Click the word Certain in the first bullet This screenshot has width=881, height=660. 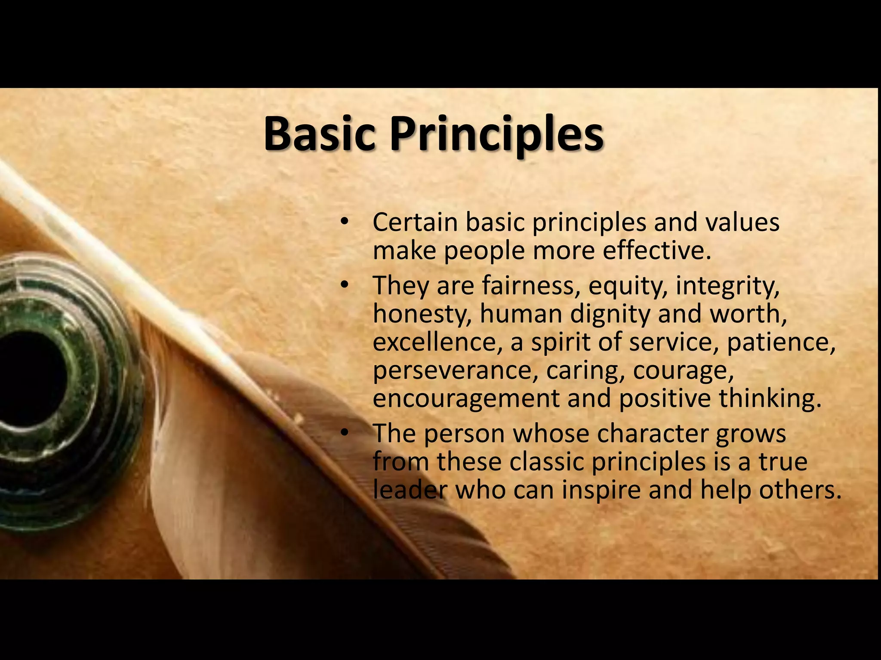[415, 223]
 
